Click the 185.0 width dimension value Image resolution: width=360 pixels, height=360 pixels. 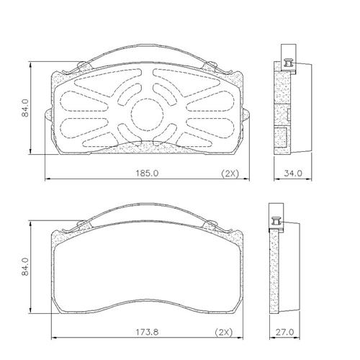pos(147,173)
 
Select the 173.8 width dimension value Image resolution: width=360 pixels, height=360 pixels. pos(147,332)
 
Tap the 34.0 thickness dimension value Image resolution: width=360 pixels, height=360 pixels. pos(293,173)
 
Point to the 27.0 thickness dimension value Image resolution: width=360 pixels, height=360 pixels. pos(284,332)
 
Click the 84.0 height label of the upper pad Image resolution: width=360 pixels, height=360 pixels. pos(25,108)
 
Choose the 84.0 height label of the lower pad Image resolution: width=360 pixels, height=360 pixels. pos(25,266)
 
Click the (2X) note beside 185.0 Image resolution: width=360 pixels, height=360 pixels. pos(230,174)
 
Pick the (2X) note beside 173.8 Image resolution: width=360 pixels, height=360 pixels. pos(224,333)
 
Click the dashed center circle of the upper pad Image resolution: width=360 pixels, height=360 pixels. pos(148,99)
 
